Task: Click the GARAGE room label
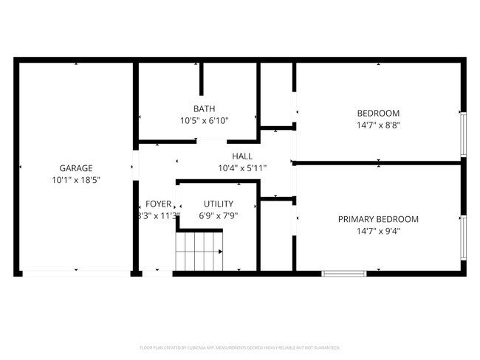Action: pos(76,168)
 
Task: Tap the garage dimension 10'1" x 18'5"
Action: pos(76,179)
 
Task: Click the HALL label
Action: pos(242,156)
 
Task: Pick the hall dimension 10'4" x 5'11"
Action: pos(242,168)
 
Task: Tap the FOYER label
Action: pos(158,204)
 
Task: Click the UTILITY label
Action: pos(219,204)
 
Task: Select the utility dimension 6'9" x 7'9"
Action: pos(219,216)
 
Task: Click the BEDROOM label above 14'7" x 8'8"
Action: pos(378,114)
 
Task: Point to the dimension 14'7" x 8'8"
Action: pos(378,125)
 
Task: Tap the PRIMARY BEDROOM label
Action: pos(378,219)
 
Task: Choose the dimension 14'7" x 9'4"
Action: pos(378,231)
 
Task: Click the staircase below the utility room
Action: pos(199,251)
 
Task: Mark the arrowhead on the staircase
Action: pos(220,252)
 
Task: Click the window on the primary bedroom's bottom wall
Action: pos(344,274)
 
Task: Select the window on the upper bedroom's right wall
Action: pos(463,134)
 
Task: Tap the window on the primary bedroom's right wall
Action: pos(463,238)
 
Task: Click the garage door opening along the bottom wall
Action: pos(76,274)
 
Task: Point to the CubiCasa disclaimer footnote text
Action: pos(240,347)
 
